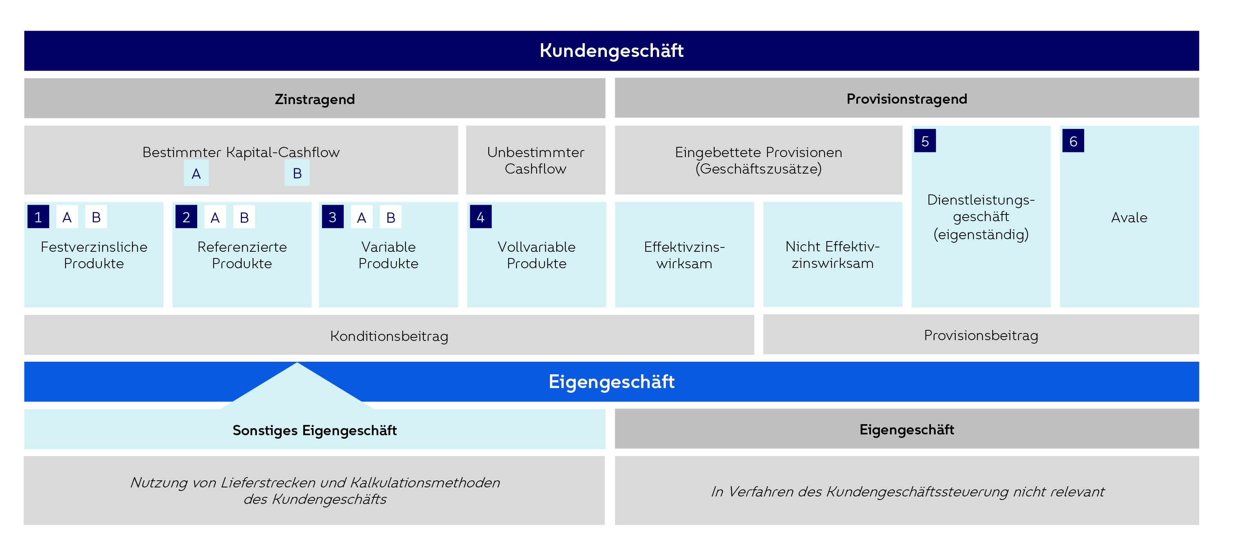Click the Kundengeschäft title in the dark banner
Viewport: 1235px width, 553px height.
tap(611, 51)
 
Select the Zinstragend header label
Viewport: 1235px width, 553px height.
tap(315, 99)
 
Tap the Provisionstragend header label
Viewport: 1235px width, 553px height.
tap(907, 99)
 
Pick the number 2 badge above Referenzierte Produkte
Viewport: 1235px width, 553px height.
tap(186, 217)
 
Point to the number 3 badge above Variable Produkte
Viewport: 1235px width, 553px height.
tap(332, 217)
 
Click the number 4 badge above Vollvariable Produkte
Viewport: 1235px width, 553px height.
tap(480, 217)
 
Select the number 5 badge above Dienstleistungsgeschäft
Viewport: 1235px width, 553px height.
tap(925, 141)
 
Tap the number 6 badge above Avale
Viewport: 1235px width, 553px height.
tap(1073, 141)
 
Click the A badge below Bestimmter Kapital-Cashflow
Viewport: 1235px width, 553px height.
tap(196, 174)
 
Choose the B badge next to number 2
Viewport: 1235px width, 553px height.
tap(244, 218)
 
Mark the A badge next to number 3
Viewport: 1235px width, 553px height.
tap(361, 218)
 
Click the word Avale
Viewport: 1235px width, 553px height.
tap(1129, 218)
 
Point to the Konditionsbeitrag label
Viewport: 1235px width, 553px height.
tap(389, 336)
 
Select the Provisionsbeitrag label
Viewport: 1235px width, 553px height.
tap(981, 335)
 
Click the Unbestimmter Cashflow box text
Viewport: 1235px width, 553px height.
tap(535, 161)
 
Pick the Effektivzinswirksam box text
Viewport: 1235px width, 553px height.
tap(684, 255)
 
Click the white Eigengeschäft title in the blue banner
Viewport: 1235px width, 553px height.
tap(611, 382)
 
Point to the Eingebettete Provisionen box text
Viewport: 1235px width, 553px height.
tap(759, 161)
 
